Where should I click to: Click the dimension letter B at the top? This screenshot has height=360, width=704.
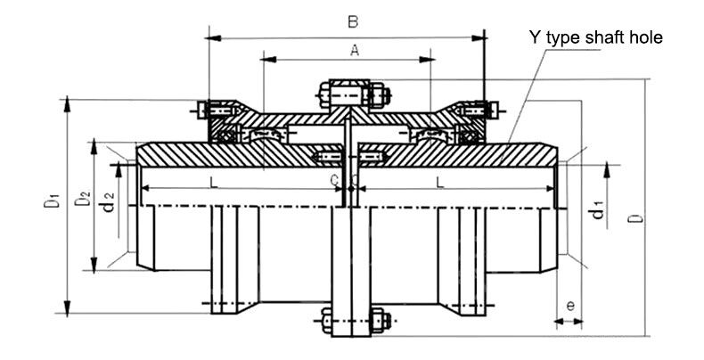tap(352, 20)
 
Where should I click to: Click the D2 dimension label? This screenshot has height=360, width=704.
tap(82, 201)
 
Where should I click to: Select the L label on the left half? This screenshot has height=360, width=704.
tap(211, 181)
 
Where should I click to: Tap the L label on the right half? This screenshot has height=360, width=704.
tap(440, 181)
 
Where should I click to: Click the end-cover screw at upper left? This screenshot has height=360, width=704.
tap(204, 110)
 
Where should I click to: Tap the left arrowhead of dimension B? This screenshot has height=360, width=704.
tap(213, 37)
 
